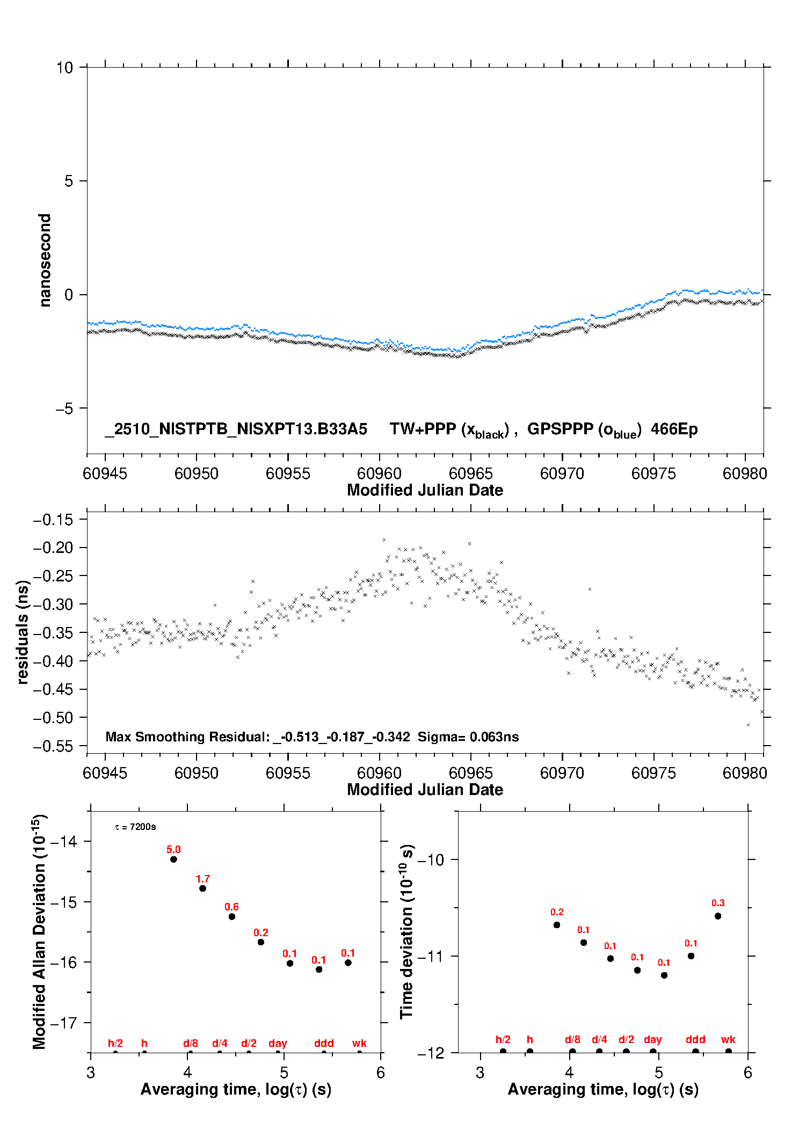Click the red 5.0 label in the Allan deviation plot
pyautogui.click(x=173, y=849)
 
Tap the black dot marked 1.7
pyautogui.click(x=202, y=888)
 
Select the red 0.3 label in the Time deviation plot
pyautogui.click(x=718, y=903)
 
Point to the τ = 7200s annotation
pyautogui.click(x=135, y=827)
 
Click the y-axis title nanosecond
pyautogui.click(x=45, y=260)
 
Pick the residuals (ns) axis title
pyautogui.click(x=23, y=632)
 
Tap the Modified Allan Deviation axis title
pyautogui.click(x=39, y=931)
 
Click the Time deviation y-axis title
pyautogui.click(x=406, y=931)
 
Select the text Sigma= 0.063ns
pyautogui.click(x=468, y=737)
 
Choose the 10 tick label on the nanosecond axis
pyautogui.click(x=64, y=68)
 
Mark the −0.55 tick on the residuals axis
pyautogui.click(x=53, y=746)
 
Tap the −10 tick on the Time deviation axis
pyautogui.click(x=431, y=859)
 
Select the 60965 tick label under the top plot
pyautogui.click(x=470, y=473)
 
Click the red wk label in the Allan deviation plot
pyautogui.click(x=359, y=1043)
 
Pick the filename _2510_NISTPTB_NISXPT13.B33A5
pyautogui.click(x=236, y=429)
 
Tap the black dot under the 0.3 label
pyautogui.click(x=718, y=916)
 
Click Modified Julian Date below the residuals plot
pyautogui.click(x=425, y=789)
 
